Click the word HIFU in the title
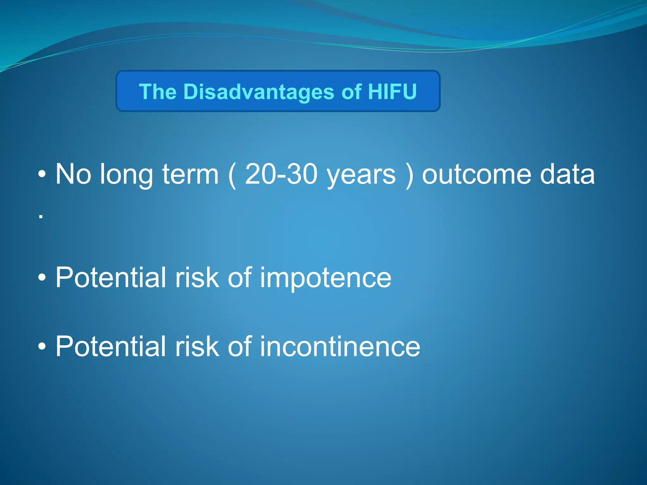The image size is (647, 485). coord(392,92)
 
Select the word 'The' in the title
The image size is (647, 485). coord(158,92)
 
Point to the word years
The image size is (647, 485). coord(361,175)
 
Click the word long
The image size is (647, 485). coord(126,175)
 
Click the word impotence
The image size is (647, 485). coord(326,278)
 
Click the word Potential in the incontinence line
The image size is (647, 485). coord(111,346)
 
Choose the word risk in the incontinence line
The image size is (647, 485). coord(197,346)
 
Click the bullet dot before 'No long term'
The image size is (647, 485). coord(42,175)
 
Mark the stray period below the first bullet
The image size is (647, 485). coord(41,217)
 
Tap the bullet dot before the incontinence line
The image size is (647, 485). coord(42,347)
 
